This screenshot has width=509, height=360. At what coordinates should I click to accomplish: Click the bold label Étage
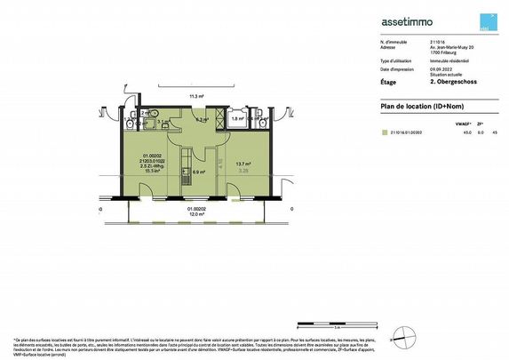point(389,81)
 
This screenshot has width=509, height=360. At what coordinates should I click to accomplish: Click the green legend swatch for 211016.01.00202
point(384,132)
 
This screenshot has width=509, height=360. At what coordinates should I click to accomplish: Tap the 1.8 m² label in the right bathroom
point(236,118)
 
